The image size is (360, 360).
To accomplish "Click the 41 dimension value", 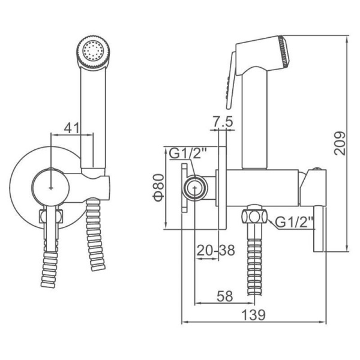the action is point(71,128).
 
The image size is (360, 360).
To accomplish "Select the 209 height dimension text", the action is point(340,143).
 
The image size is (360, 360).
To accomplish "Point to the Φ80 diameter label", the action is point(159,188).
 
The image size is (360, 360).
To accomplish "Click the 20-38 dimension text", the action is point(216,250).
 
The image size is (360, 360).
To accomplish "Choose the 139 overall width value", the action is point(254,315).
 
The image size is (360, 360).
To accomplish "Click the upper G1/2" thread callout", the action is point(188,154).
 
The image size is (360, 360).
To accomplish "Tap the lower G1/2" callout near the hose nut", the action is point(295,222).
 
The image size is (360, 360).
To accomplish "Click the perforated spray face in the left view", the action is point(93,52).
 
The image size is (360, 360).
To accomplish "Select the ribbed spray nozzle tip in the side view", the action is point(284,51).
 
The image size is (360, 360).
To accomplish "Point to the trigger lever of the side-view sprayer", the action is point(231,80).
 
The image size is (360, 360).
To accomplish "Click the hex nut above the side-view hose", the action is point(254,217).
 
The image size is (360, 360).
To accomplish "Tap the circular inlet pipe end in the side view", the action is point(195,188).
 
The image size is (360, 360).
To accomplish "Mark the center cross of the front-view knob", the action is point(51,188).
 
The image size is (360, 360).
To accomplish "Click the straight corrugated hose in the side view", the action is point(254,266).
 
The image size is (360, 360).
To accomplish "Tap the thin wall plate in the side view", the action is point(222,188).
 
